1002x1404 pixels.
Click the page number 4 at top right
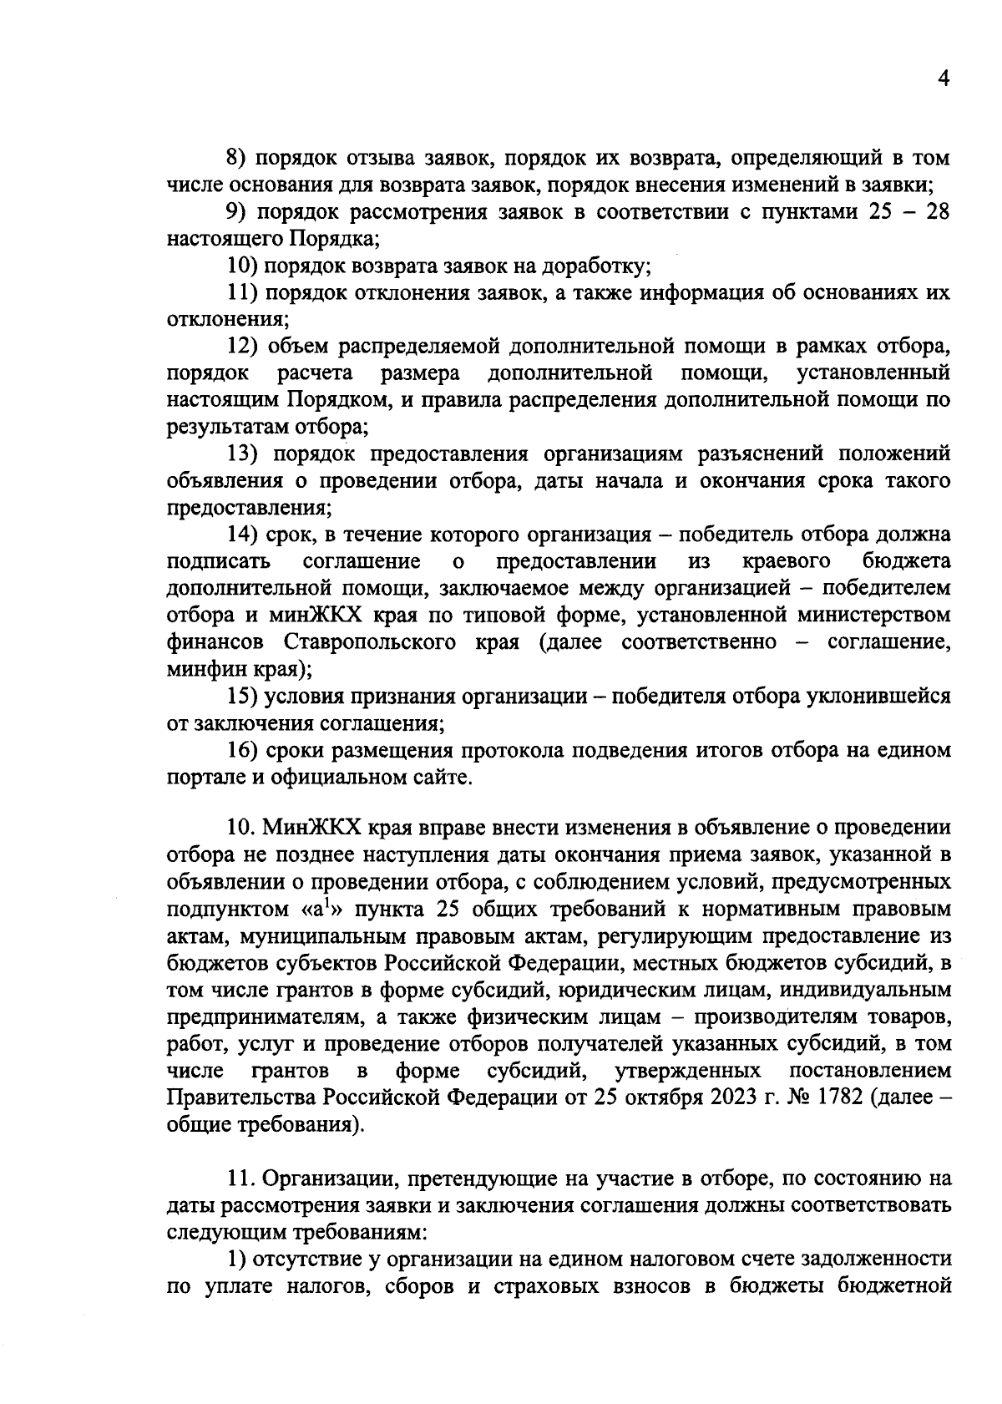[x=944, y=79]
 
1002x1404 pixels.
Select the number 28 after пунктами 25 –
[x=937, y=212]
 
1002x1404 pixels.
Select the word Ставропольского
[x=369, y=642]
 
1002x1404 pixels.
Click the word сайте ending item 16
[x=443, y=778]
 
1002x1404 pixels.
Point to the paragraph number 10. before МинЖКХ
[x=242, y=827]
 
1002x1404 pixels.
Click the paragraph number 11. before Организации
[x=241, y=1178]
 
